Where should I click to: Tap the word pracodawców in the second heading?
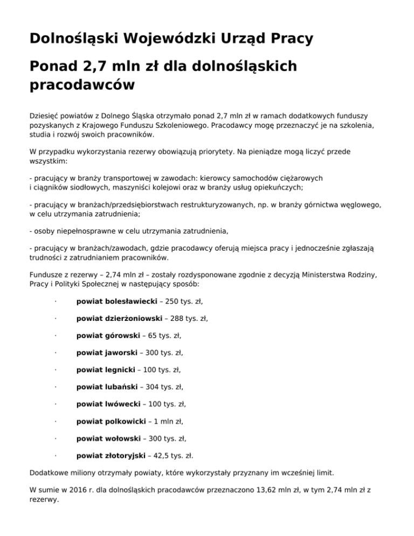[x=81, y=85]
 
